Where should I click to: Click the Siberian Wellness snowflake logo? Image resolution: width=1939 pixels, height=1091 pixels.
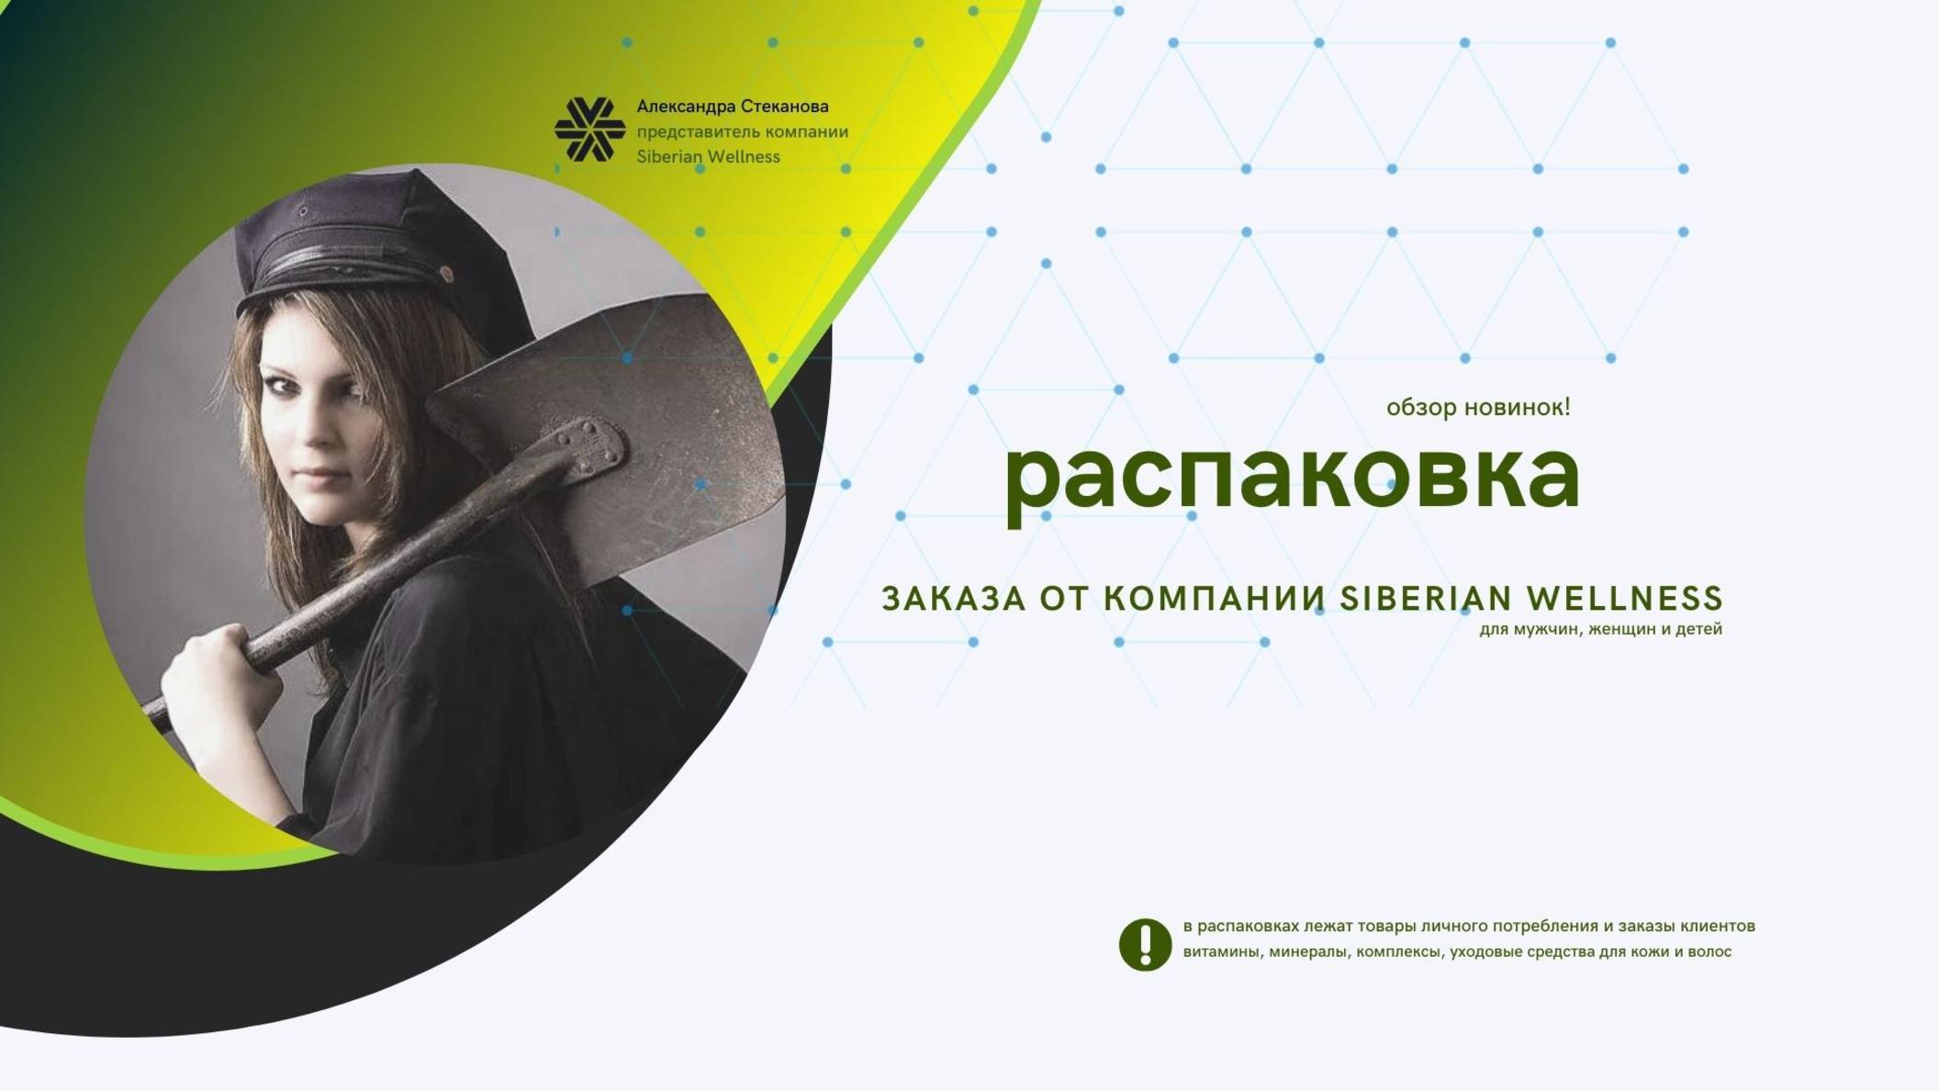pyautogui.click(x=589, y=129)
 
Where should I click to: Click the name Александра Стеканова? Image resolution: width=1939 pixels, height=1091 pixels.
pyautogui.click(x=732, y=107)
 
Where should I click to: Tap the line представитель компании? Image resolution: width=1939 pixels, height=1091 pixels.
pyautogui.click(x=742, y=131)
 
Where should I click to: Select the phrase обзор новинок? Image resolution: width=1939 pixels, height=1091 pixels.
pyautogui.click(x=1477, y=407)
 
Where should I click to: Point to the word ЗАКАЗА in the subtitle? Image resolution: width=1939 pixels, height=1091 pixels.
pyautogui.click(x=953, y=599)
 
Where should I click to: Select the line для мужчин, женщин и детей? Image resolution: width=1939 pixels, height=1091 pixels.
pyautogui.click(x=1600, y=629)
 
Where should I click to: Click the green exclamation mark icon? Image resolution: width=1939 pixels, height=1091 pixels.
pyautogui.click(x=1145, y=944)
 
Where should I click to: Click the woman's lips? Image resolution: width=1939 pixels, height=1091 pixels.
pyautogui.click(x=320, y=478)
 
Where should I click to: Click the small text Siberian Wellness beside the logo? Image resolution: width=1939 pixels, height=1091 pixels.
pyautogui.click(x=708, y=157)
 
